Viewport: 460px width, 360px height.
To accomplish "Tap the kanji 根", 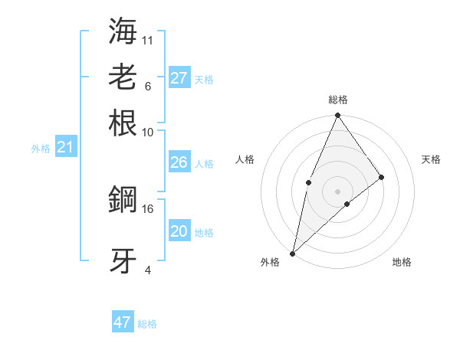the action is [123, 123].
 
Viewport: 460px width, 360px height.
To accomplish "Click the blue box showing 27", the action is [179, 78].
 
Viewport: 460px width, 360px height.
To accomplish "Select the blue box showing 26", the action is [179, 162].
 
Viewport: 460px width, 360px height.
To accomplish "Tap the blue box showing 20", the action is [179, 231].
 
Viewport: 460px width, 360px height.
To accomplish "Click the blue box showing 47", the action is [123, 322].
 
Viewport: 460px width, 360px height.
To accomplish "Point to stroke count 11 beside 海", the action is [148, 39].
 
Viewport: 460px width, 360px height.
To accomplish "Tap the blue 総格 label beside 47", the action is [147, 324].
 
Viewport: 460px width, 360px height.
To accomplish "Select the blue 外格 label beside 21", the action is [41, 149].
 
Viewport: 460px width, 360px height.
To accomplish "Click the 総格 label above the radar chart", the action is [338, 100].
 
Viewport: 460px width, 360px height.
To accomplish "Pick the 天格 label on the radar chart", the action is [431, 159].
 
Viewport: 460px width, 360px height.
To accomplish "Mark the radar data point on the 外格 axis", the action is [293, 253].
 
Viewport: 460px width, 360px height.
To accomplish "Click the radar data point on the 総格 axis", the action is [337, 116].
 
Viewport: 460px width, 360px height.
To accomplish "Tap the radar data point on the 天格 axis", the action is [382, 177].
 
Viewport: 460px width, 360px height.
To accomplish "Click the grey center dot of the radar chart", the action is [337, 191].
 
